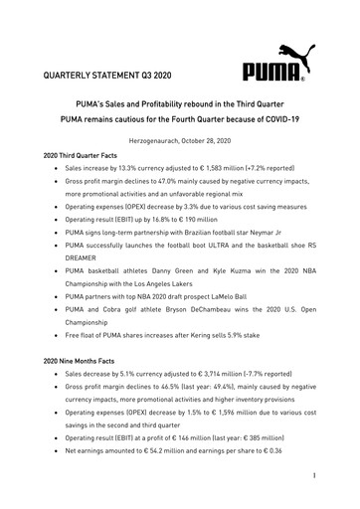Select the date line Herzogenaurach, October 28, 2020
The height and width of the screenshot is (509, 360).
click(x=179, y=143)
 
